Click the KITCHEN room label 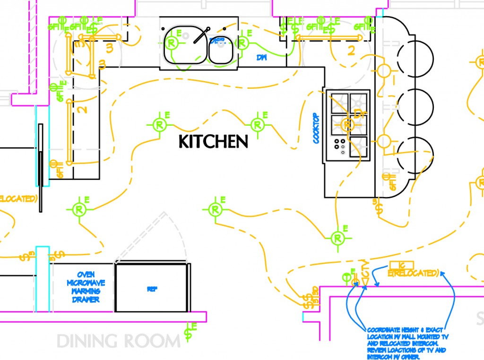click(214, 141)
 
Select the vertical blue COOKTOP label click(316, 128)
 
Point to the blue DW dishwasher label click(261, 58)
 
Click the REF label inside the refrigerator click(152, 289)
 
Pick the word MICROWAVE click(86, 283)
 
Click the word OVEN click(86, 274)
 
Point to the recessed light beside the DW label click(242, 43)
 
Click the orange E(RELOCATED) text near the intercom click(414, 273)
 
